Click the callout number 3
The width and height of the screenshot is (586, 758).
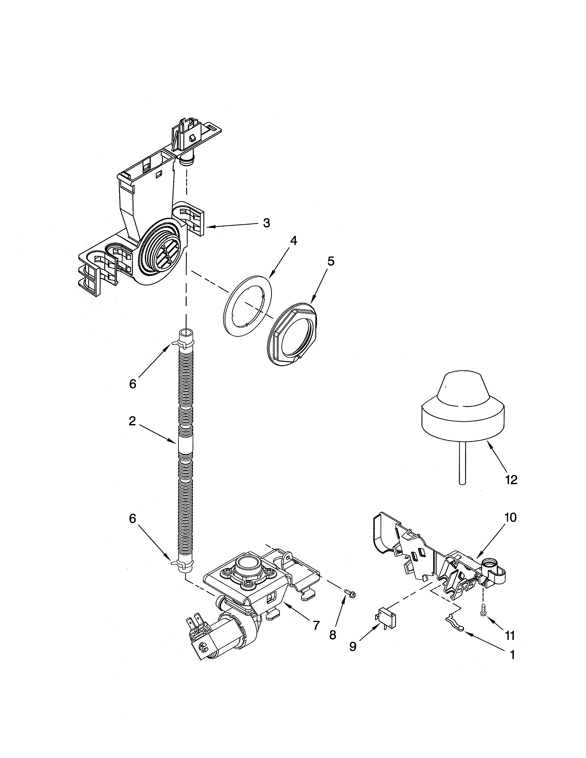[266, 223]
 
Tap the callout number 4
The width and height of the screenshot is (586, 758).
[293, 240]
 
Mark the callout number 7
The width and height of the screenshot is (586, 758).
[316, 626]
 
